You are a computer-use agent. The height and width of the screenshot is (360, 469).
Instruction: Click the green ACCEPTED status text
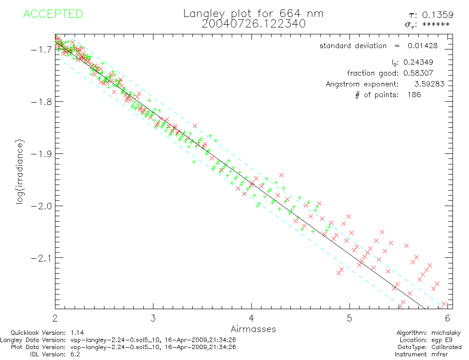pos(53,14)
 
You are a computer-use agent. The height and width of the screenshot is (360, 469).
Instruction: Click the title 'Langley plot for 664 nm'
pos(253,14)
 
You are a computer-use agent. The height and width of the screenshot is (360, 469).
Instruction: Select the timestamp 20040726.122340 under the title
pos(253,24)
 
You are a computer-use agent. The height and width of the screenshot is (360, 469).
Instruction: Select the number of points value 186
pos(414,95)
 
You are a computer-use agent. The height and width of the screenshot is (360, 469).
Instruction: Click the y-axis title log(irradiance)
pos(20,176)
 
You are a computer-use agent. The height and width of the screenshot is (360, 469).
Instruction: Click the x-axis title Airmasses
pos(253,329)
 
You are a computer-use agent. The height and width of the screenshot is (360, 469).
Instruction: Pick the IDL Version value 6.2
pos(76,355)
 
